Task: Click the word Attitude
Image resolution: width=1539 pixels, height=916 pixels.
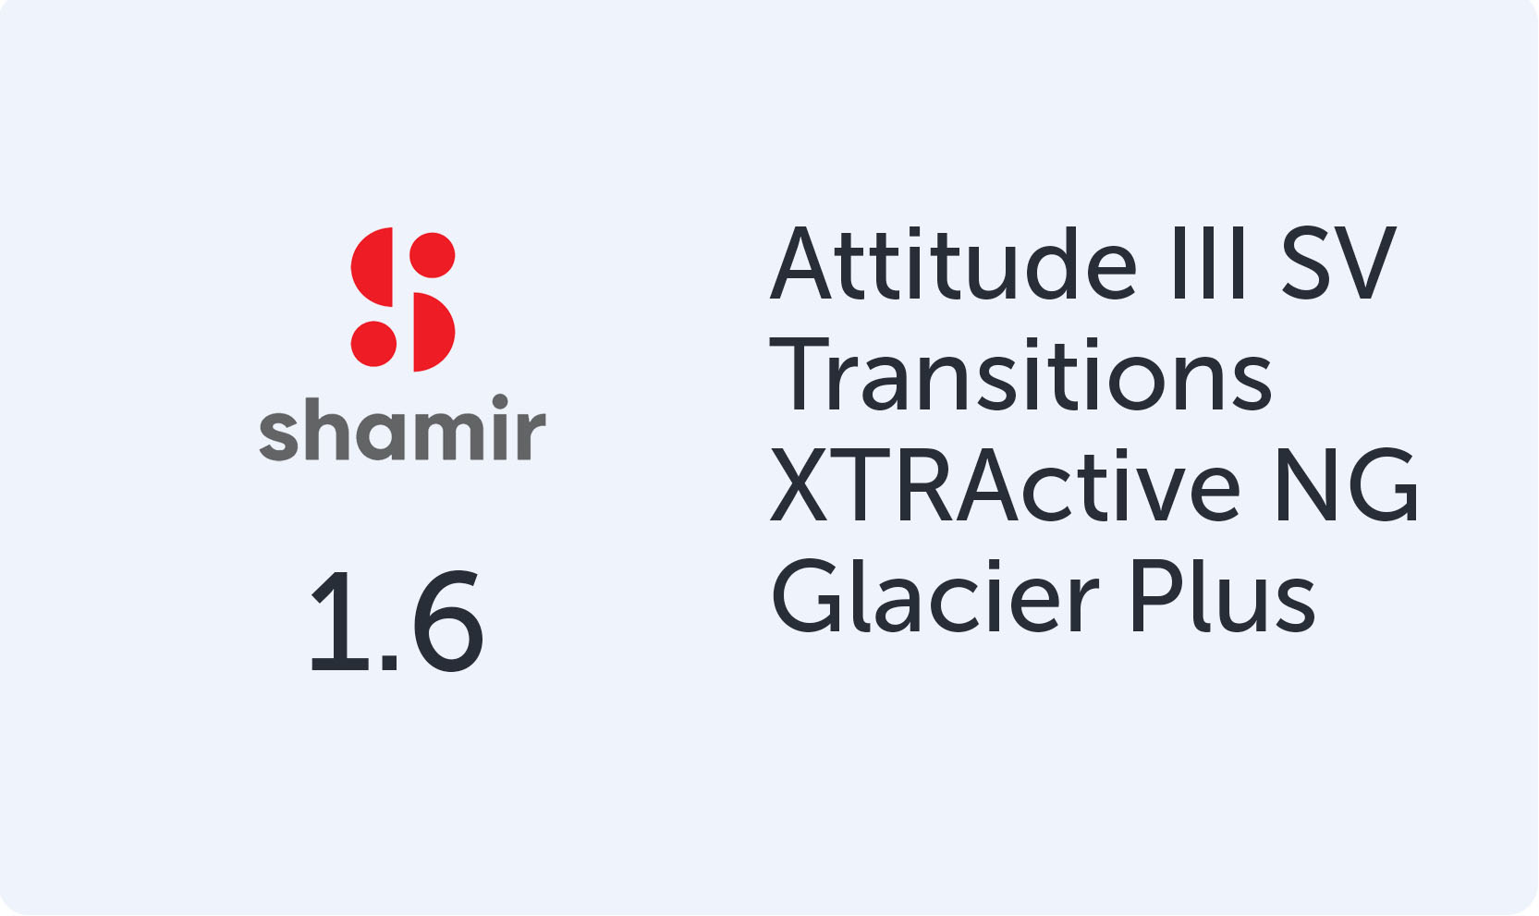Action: coord(953,265)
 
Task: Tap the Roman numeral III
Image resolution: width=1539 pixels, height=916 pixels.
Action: coord(1209,265)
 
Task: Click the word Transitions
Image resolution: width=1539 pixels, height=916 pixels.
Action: coord(1020,376)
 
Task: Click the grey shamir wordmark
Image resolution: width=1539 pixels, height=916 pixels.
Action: coord(402,431)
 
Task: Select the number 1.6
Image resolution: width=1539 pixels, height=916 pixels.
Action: coord(396,622)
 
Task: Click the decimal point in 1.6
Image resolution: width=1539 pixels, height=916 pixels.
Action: coord(389,663)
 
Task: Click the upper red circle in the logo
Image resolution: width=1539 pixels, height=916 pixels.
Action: coord(433,255)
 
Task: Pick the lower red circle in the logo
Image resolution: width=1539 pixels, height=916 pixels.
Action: coord(373,344)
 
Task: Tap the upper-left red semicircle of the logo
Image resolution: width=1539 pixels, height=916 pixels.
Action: coord(373,268)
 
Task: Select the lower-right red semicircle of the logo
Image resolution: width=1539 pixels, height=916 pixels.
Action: coord(431,333)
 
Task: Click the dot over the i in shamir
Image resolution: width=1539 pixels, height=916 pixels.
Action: coord(500,402)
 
